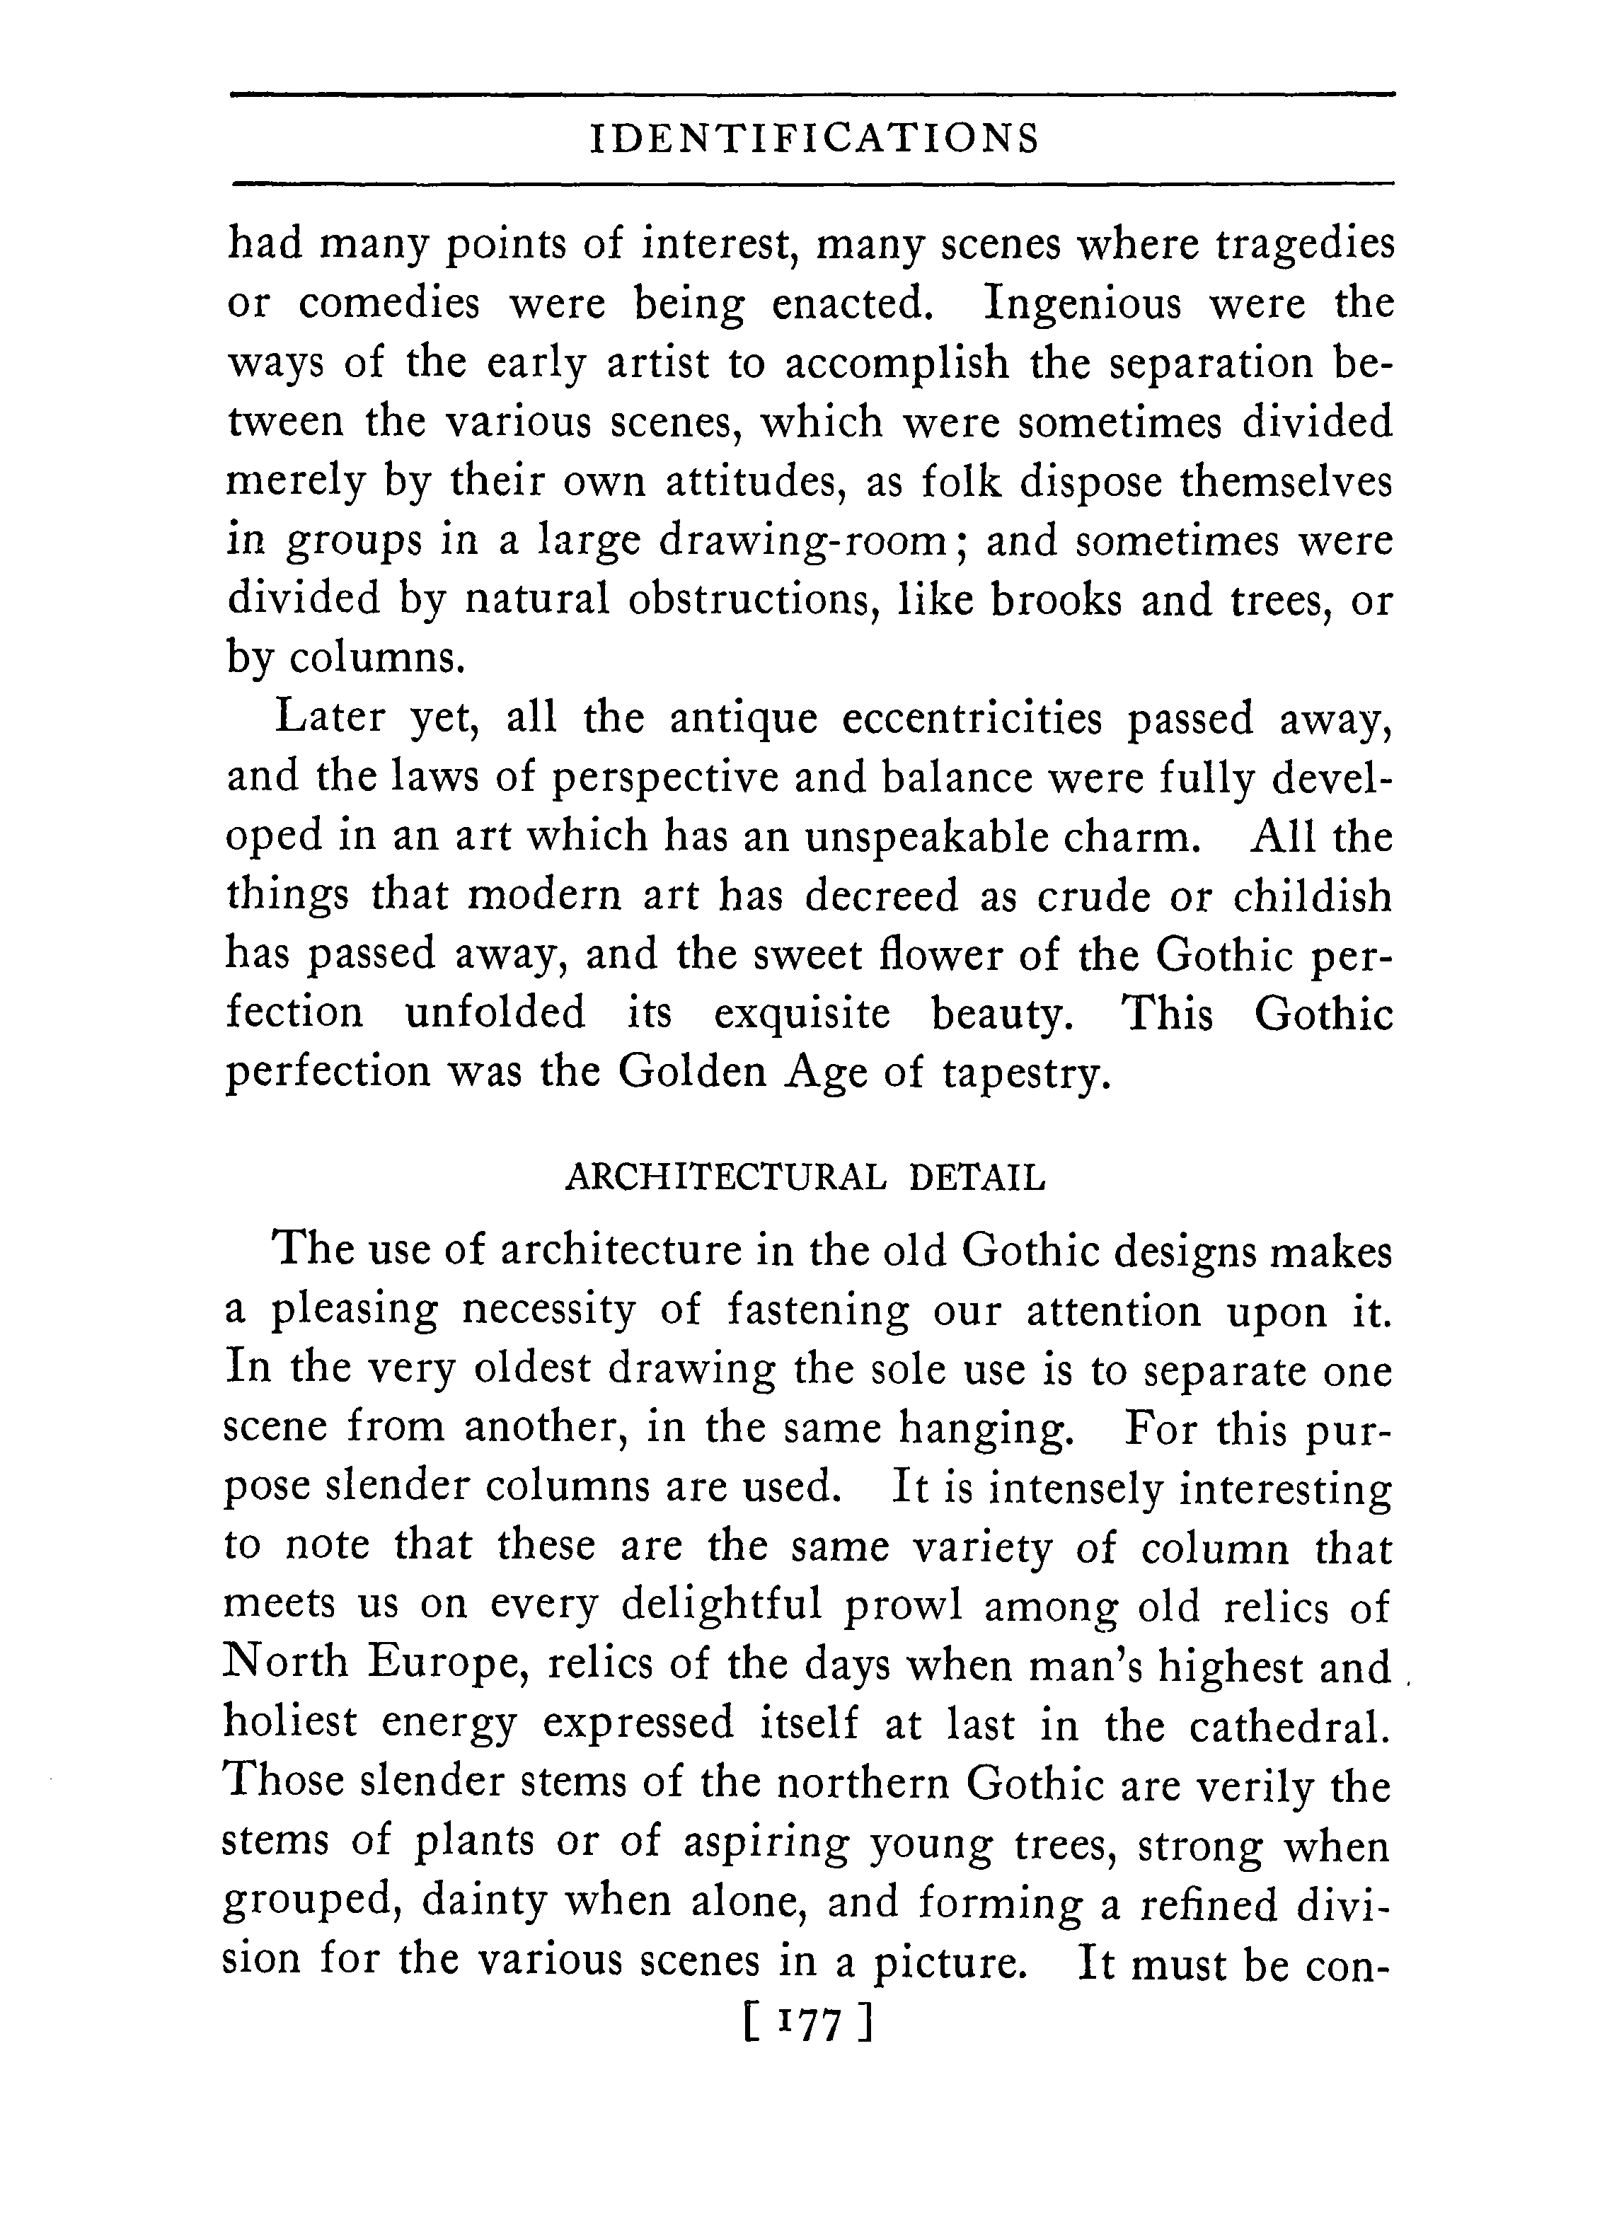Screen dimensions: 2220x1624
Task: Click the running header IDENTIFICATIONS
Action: (813, 139)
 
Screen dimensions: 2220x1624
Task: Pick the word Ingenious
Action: (1083, 303)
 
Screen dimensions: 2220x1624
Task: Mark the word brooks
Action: (1055, 601)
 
